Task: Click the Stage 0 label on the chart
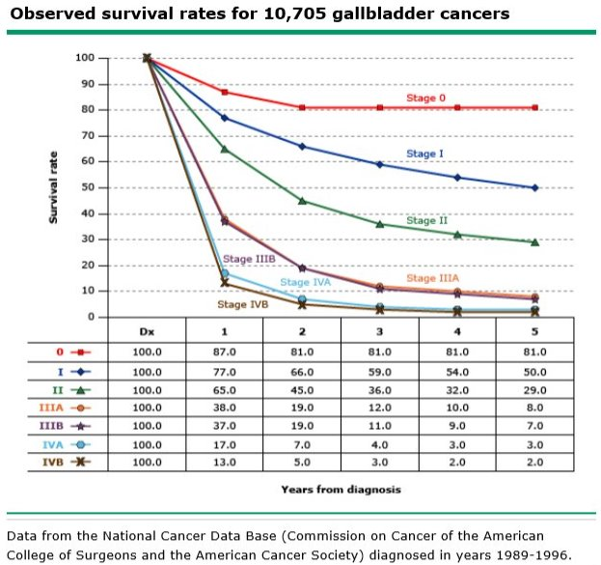click(x=426, y=99)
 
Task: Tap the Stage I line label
click(x=424, y=154)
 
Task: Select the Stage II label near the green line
click(x=426, y=221)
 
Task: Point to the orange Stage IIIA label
click(x=432, y=278)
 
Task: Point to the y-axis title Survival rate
click(x=55, y=187)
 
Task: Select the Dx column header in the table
click(x=147, y=331)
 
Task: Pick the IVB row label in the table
click(x=48, y=463)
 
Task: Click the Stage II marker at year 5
click(x=534, y=241)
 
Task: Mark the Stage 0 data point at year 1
click(x=224, y=92)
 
